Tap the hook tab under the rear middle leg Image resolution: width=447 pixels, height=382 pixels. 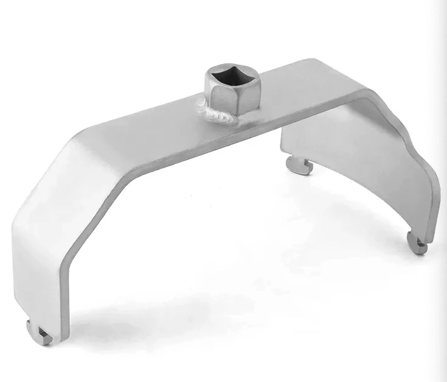300,164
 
